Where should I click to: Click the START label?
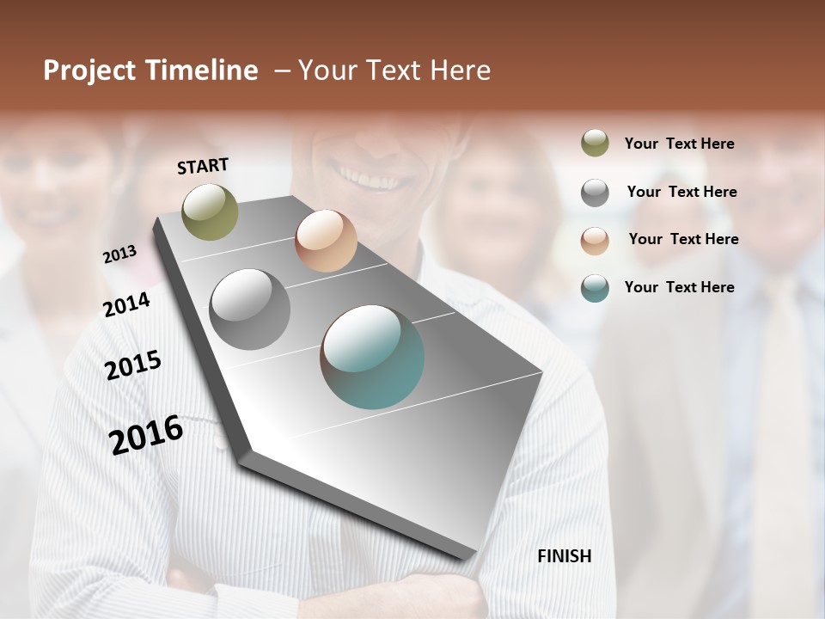(x=203, y=166)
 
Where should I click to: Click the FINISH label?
(x=565, y=556)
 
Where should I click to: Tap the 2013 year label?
(x=120, y=254)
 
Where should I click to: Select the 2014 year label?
(x=127, y=304)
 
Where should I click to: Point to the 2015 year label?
(x=133, y=365)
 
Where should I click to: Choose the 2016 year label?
(x=146, y=435)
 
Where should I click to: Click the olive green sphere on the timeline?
(x=210, y=211)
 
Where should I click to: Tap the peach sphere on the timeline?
(x=326, y=241)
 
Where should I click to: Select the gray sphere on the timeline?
(x=250, y=309)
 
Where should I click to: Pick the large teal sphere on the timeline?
(x=372, y=357)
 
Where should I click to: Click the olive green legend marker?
(x=595, y=144)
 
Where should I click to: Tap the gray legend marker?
(x=595, y=193)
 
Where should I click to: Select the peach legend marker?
(x=595, y=240)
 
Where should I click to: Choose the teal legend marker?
(x=595, y=288)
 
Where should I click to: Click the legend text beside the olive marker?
(x=679, y=144)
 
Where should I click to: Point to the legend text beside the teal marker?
(x=679, y=287)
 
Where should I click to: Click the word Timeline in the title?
(x=202, y=70)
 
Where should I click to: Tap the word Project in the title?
(x=89, y=70)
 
